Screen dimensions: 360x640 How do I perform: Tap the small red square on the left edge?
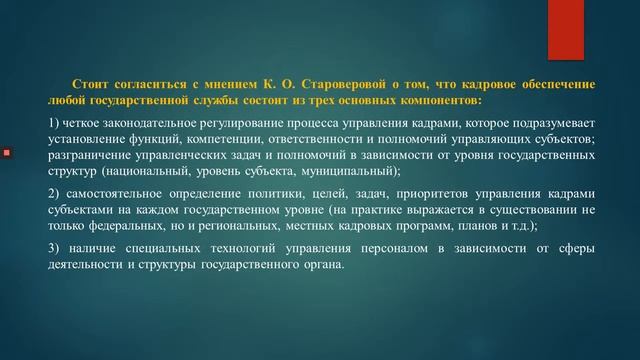[x=6, y=153]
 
